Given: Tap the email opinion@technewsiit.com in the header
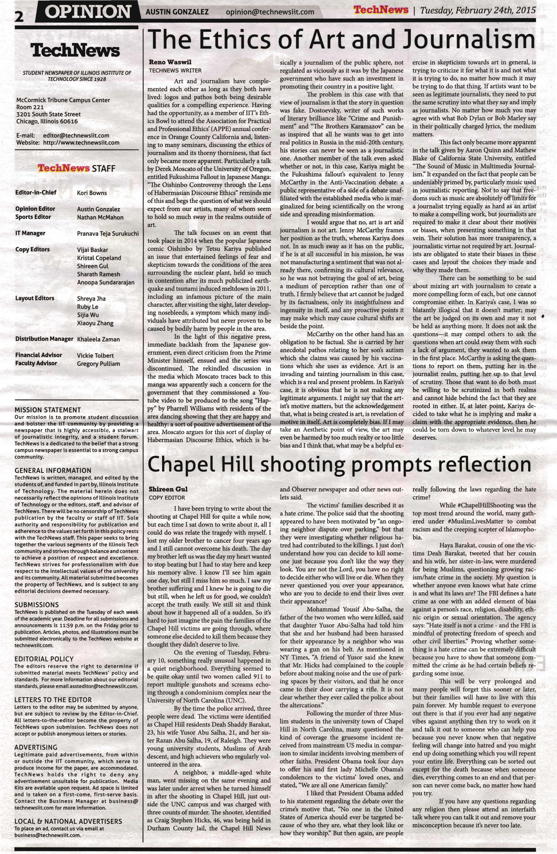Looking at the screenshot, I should tap(270, 13).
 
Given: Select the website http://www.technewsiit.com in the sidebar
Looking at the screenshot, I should tap(81, 143).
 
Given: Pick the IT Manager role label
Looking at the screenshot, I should tap(31, 233).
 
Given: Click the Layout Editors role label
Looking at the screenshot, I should tap(35, 298).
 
